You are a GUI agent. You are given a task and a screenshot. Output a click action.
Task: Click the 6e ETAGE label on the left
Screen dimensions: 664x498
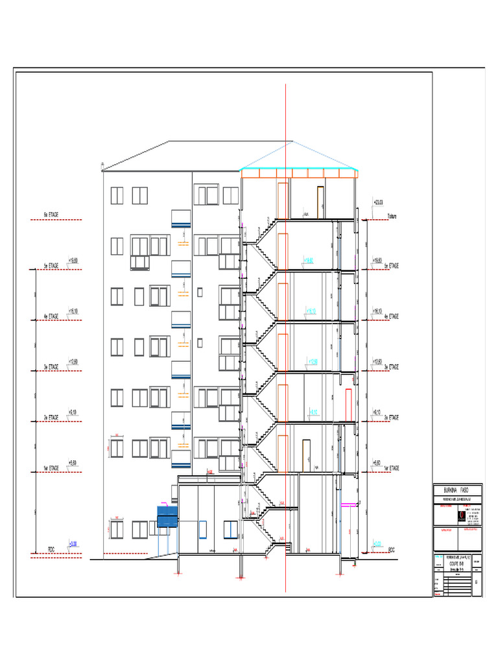click(51, 214)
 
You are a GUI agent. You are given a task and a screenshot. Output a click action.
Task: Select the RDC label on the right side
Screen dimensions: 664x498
click(392, 550)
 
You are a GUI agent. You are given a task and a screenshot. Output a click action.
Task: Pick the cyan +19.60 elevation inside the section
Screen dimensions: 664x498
click(308, 261)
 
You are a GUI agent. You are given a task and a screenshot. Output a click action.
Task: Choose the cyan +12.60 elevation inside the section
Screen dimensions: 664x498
click(312, 362)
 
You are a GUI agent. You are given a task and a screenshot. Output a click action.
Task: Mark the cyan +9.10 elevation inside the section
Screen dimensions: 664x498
click(313, 412)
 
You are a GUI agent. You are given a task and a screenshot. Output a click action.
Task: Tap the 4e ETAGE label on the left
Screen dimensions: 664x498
click(51, 316)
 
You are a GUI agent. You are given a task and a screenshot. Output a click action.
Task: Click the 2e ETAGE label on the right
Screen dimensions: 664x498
click(391, 417)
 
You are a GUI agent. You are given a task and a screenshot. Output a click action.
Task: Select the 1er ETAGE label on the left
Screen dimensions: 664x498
click(51, 468)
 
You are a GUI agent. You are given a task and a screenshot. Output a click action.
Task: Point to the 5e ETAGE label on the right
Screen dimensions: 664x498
click(391, 266)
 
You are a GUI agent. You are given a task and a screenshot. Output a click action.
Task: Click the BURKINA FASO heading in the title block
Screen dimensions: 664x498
click(459, 490)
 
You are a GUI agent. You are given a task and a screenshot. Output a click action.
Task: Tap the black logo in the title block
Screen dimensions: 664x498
click(461, 516)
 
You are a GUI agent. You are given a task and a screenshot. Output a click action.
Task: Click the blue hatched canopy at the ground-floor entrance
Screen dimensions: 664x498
click(167, 517)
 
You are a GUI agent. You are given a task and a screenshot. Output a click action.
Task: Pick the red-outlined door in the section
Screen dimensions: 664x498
click(349, 403)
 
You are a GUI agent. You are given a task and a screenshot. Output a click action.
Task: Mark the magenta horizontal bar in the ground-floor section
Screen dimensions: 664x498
click(349, 503)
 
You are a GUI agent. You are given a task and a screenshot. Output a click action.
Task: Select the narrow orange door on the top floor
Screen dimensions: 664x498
click(320, 202)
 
